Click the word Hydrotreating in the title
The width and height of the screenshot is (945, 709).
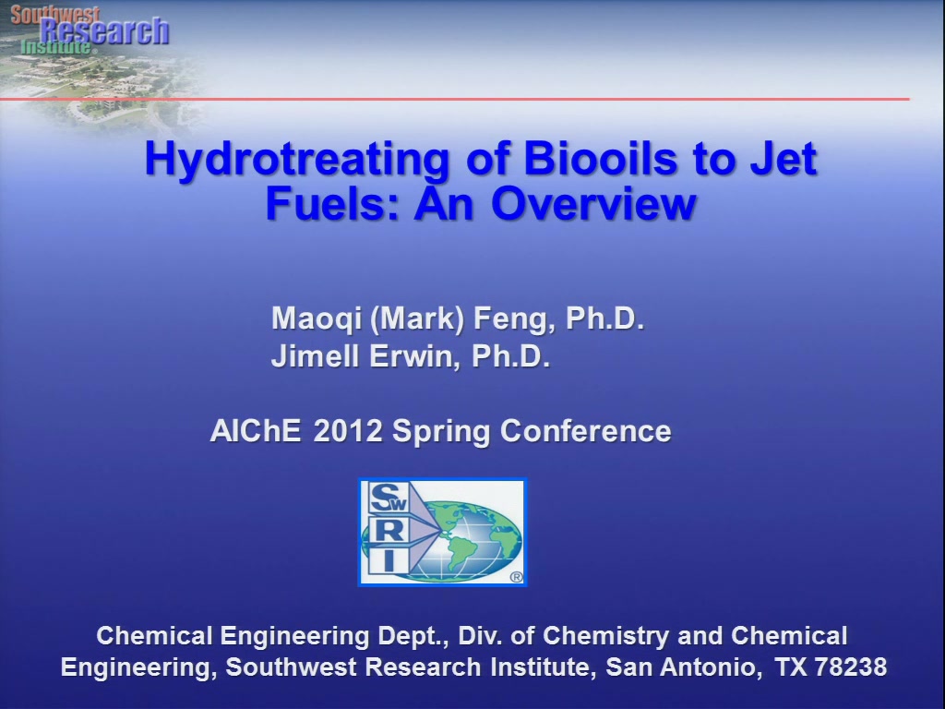[x=297, y=160]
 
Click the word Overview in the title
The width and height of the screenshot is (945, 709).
[x=593, y=203]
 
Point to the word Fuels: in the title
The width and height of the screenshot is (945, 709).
[x=333, y=203]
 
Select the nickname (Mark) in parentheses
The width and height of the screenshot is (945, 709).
[x=416, y=318]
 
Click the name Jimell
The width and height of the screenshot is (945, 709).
[x=316, y=355]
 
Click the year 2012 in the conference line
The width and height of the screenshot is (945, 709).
[x=348, y=431]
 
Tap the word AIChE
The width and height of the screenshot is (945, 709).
[x=256, y=431]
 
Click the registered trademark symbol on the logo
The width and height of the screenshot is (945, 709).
[x=517, y=577]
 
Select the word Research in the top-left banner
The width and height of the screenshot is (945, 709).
[x=104, y=31]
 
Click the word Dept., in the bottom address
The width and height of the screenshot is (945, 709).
[x=413, y=637]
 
